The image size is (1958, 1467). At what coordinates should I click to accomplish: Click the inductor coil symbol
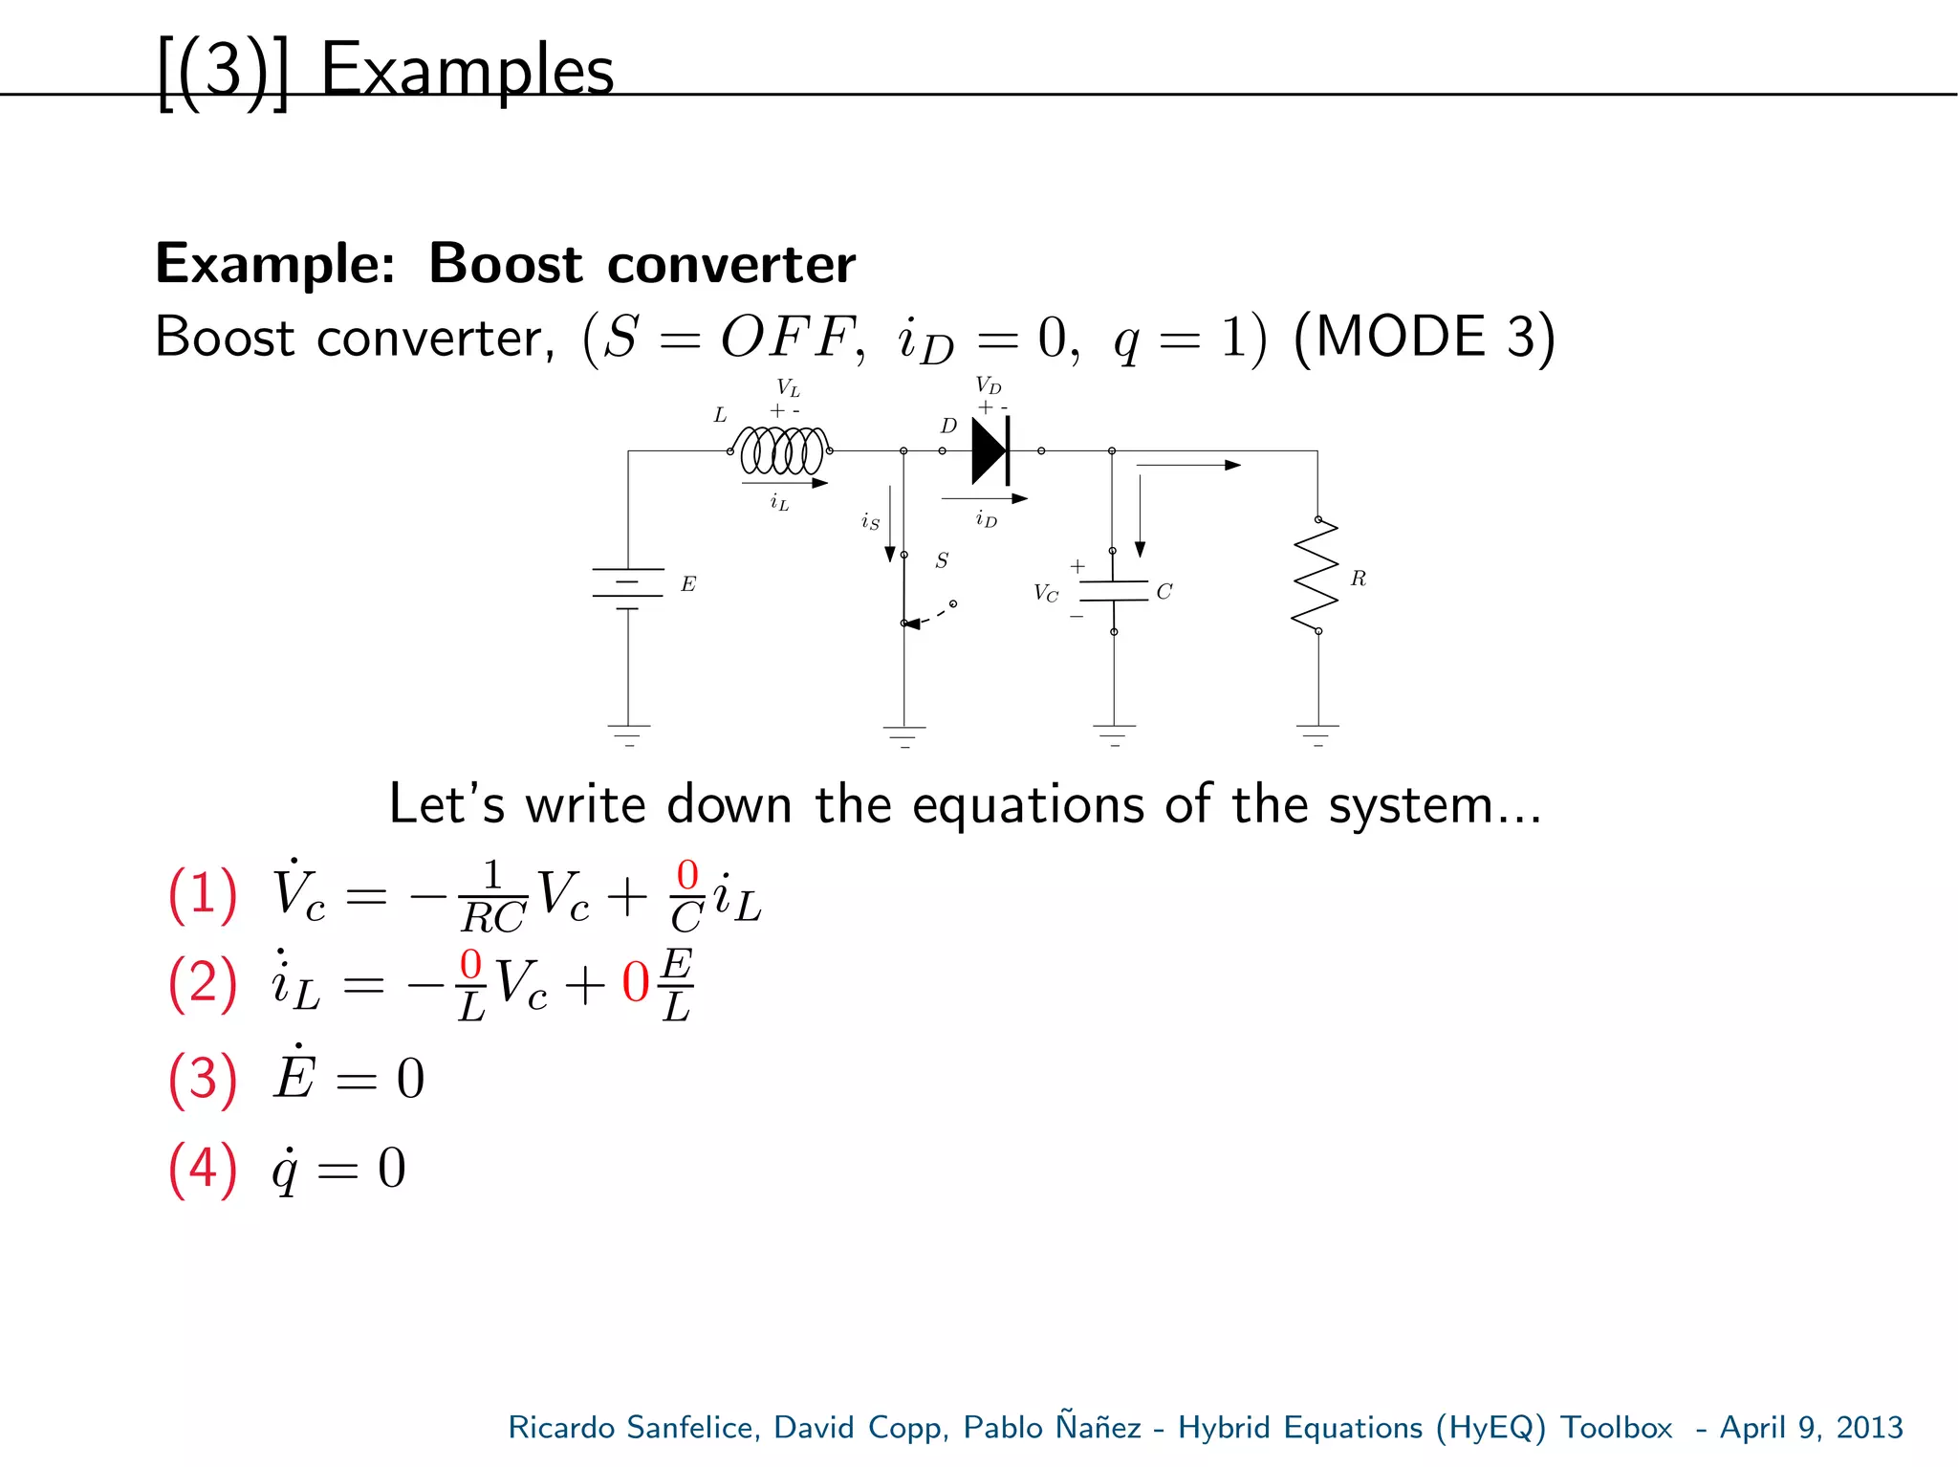(781, 450)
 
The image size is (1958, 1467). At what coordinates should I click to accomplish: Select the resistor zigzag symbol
(1316, 575)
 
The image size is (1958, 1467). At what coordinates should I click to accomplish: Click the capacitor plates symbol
(1113, 591)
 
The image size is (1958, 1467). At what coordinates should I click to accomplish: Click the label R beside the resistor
(1358, 579)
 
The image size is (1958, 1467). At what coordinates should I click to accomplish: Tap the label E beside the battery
(688, 584)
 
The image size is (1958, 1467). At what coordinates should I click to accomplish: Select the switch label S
(942, 561)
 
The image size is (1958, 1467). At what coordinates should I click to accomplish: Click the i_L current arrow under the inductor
(784, 484)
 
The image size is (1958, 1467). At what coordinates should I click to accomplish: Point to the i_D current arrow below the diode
(984, 498)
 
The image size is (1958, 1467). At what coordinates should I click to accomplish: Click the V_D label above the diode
(988, 386)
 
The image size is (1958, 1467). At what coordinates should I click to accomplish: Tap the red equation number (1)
(203, 895)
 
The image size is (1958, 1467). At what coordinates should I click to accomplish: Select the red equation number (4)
(203, 1169)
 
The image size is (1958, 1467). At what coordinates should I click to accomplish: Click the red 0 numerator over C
(687, 875)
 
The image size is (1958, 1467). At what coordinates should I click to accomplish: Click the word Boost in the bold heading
(505, 264)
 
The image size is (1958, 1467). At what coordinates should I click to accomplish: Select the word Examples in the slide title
(467, 71)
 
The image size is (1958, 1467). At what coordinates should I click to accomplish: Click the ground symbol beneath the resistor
(1317, 734)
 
